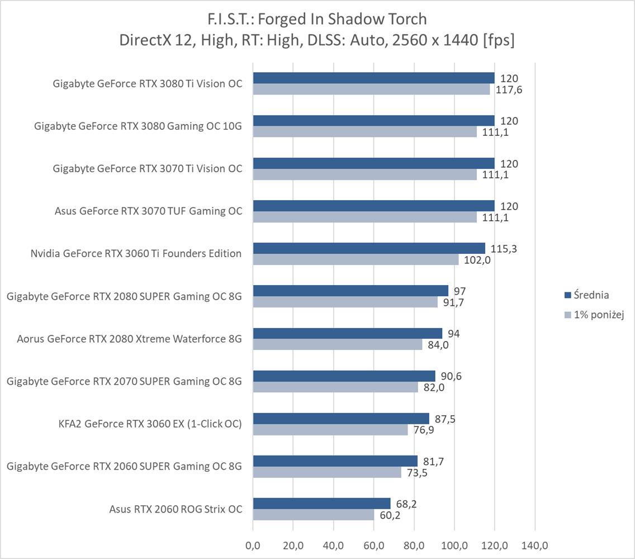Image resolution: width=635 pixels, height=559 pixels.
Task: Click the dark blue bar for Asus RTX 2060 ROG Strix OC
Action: coord(321,504)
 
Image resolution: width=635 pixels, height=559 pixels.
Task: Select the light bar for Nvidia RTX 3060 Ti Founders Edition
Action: coord(356,259)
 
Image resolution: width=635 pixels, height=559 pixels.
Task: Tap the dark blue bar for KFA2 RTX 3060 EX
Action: coord(341,419)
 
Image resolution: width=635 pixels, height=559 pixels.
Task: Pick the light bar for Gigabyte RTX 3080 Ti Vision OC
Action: coord(371,89)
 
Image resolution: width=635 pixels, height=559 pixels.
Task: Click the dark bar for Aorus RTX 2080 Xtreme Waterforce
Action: coord(347,334)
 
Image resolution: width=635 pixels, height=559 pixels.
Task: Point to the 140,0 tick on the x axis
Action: coord(535,544)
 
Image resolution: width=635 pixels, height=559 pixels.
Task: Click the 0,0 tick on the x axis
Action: coord(253,544)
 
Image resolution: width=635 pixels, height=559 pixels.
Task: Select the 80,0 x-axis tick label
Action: coord(414,544)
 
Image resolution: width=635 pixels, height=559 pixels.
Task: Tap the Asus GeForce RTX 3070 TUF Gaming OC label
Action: coord(148,211)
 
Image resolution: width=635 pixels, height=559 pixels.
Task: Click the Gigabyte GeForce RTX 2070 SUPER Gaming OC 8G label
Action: coord(124,381)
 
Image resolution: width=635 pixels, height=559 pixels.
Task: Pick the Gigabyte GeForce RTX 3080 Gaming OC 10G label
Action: coord(138,126)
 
